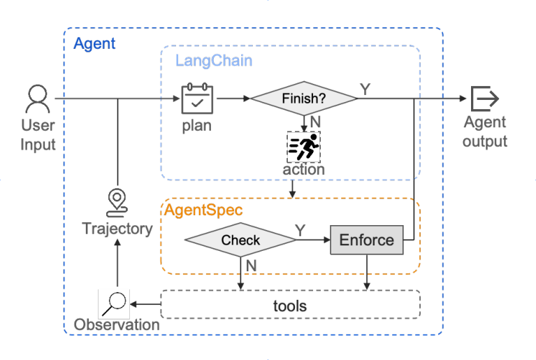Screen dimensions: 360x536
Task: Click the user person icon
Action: coord(36,99)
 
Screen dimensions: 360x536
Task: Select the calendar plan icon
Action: coord(197,99)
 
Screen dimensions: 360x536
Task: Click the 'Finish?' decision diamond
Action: coord(303,99)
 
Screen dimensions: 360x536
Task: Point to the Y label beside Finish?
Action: coord(365,89)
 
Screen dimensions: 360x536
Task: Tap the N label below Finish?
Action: coord(315,121)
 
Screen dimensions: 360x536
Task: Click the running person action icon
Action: coord(303,146)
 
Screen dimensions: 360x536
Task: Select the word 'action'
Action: coord(303,169)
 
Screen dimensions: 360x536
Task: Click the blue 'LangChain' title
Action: coord(213,60)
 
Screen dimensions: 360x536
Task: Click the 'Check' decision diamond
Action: coord(240,240)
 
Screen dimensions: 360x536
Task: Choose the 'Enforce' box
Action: coord(366,240)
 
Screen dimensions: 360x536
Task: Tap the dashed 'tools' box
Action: coord(290,305)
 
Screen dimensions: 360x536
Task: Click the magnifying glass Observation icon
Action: coord(113,303)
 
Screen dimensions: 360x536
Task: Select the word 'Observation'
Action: coord(117,325)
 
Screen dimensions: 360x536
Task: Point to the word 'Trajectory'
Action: coord(117,229)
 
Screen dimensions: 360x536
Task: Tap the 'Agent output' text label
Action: coord(485,132)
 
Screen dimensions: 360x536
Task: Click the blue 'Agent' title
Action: coord(94,43)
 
